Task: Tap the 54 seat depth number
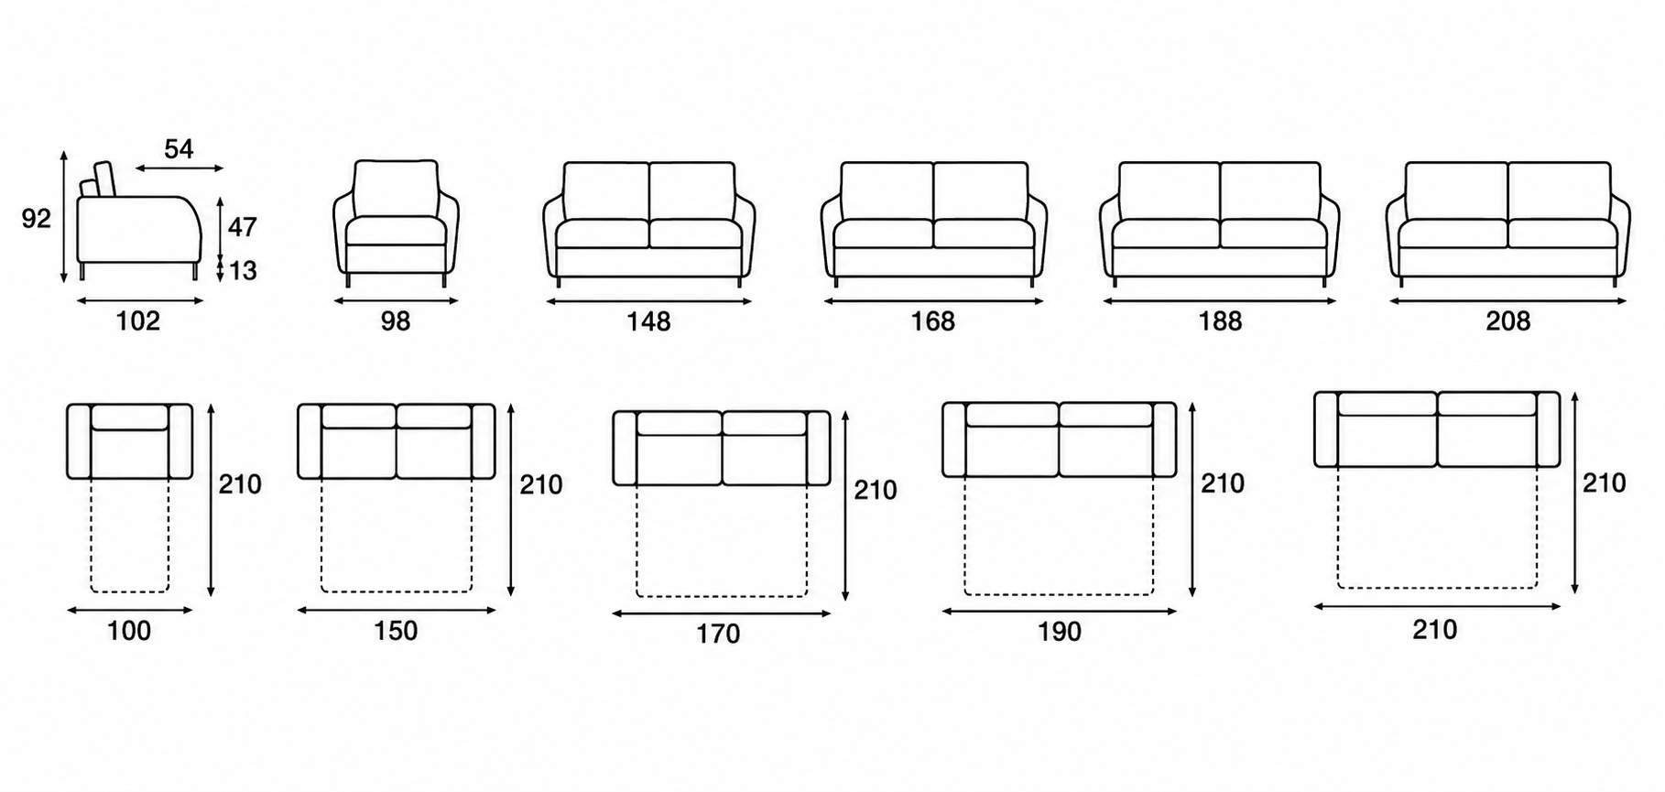(x=179, y=148)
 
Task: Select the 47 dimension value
(x=242, y=226)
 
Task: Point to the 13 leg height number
(x=243, y=271)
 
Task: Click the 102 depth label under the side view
(x=138, y=321)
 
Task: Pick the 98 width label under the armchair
(x=396, y=321)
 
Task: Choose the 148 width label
(x=648, y=321)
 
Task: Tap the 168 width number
(x=932, y=321)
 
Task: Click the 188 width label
(x=1220, y=321)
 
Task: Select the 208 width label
(x=1507, y=321)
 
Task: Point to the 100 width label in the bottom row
(x=129, y=631)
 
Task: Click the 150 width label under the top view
(x=396, y=631)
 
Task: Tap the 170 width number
(x=718, y=634)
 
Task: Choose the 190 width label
(x=1059, y=632)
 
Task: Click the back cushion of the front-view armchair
(x=396, y=190)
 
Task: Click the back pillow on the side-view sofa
(x=103, y=179)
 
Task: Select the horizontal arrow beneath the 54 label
(x=179, y=168)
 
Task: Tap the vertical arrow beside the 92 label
(x=64, y=217)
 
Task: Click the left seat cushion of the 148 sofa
(x=603, y=233)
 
